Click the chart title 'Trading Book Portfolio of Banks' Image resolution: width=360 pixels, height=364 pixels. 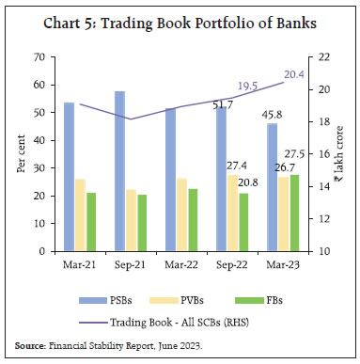180,20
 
